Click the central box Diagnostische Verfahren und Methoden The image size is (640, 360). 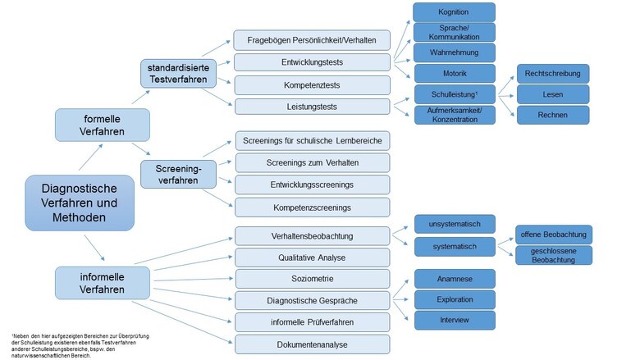[x=80, y=202]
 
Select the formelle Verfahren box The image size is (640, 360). [x=103, y=125]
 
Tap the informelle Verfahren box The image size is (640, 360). [x=103, y=281]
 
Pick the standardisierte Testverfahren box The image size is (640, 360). [x=178, y=72]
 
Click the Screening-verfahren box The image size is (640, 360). [x=178, y=173]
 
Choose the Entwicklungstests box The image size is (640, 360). [x=313, y=62]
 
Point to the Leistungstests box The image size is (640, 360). [x=313, y=107]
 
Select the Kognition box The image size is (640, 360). [x=454, y=11]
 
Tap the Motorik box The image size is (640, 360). [x=454, y=73]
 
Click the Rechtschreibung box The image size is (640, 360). [x=551, y=74]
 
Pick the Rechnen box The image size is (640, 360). [x=551, y=115]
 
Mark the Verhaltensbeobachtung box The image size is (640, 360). [x=313, y=236]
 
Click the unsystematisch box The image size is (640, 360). [x=454, y=224]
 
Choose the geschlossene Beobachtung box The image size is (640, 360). [x=553, y=255]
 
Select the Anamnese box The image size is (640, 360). [x=454, y=278]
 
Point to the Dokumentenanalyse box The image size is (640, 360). [x=313, y=344]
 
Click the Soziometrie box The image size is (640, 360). [x=313, y=279]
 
